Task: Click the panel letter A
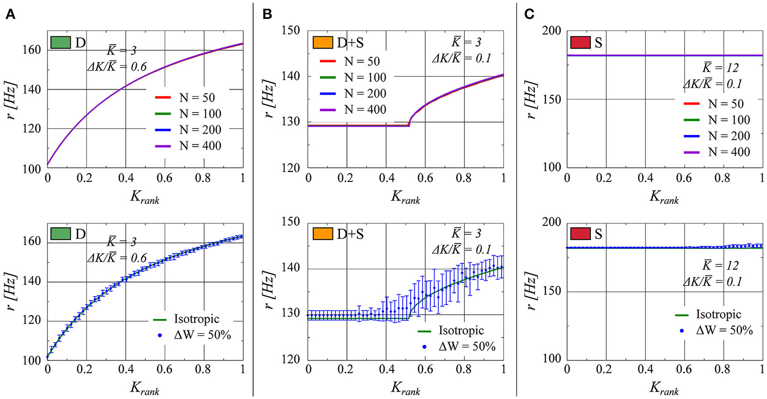point(10,15)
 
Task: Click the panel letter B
point(267,15)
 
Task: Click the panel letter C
point(529,15)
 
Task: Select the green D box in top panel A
point(60,43)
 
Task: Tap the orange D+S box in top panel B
point(322,43)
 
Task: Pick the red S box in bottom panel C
point(581,234)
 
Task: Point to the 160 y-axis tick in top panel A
point(32,50)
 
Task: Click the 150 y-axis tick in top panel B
point(291,31)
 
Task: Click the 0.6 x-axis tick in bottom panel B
point(425,369)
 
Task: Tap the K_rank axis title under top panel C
point(664,197)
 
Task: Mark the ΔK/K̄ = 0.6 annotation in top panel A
point(117,67)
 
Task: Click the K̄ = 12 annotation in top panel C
point(720,68)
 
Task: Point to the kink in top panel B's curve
point(409,124)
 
